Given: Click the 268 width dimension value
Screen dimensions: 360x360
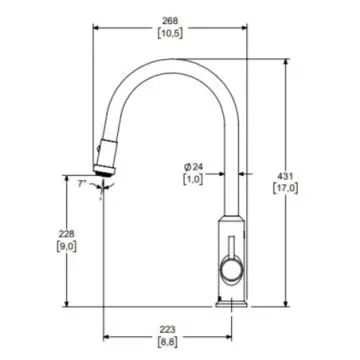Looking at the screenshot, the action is tap(170, 21).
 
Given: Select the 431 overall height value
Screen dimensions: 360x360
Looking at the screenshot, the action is tap(286, 176).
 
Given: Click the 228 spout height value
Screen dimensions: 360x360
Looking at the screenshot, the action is tap(67, 234).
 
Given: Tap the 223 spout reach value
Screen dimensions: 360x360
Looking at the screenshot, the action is tap(167, 330).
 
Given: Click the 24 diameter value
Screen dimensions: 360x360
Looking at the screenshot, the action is tap(198, 166).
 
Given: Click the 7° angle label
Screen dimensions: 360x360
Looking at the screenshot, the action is tap(82, 184).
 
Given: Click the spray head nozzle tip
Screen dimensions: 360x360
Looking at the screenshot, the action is tap(105, 170).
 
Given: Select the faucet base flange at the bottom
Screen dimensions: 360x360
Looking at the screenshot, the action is tap(232, 304).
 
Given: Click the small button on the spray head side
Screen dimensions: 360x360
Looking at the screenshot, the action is tap(98, 149).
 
